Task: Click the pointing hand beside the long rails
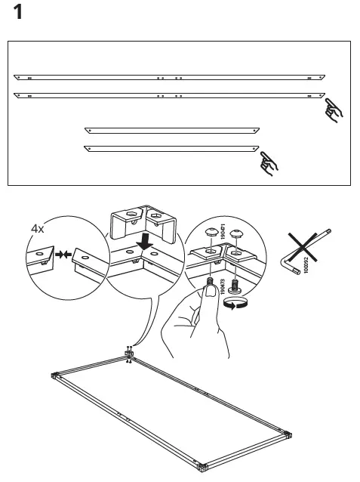[x=333, y=110]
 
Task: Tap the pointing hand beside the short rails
[x=268, y=161]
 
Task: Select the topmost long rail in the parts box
[x=170, y=77]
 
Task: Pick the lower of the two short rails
[x=170, y=147]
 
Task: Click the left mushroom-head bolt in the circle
[x=211, y=232]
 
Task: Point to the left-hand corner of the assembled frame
[x=54, y=376]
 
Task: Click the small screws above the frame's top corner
[x=130, y=348]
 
